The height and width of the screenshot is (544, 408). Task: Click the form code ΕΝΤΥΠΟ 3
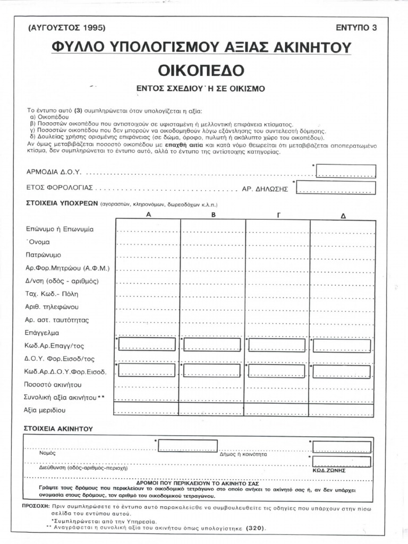(356, 28)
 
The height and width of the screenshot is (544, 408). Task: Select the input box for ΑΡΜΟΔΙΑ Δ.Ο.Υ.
(346, 171)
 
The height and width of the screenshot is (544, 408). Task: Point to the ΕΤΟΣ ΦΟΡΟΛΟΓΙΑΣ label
(60, 188)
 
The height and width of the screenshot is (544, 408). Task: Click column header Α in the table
(149, 215)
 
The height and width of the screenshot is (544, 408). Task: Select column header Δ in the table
(343, 216)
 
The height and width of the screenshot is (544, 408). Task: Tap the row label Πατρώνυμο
(44, 255)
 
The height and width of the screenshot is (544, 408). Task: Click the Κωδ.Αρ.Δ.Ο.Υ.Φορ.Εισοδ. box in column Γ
(277, 371)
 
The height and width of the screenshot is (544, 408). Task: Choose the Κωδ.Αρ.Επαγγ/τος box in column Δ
(342, 345)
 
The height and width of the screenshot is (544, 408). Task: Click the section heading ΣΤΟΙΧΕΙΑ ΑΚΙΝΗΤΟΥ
(58, 428)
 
